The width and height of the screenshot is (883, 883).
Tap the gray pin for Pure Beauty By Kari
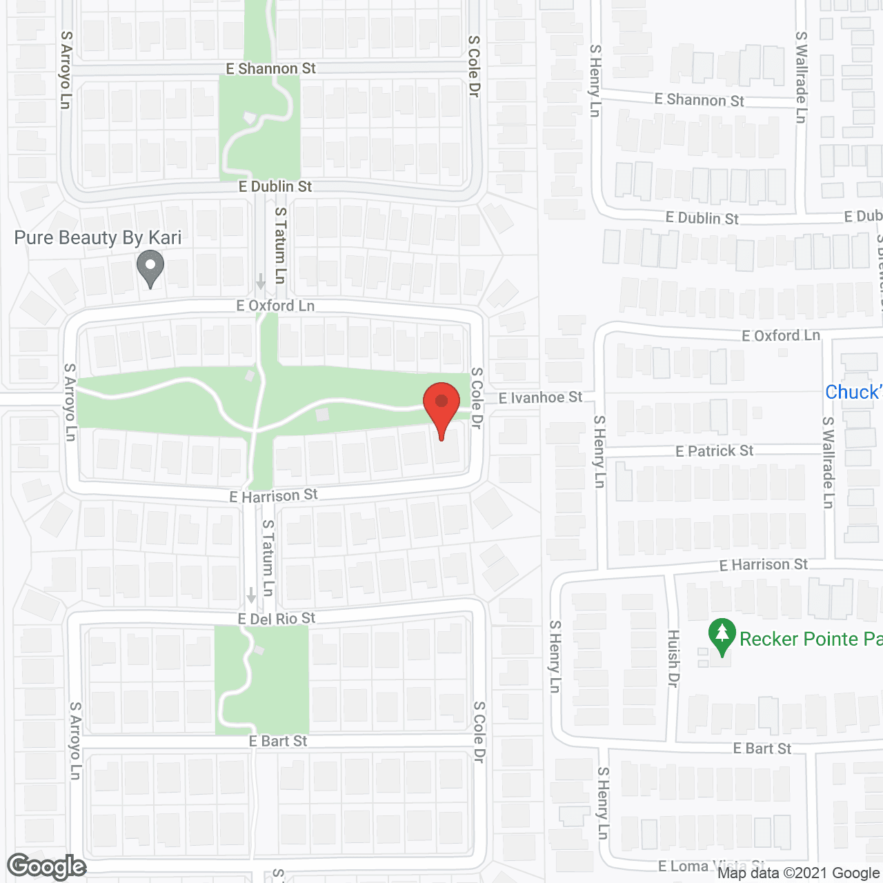(150, 268)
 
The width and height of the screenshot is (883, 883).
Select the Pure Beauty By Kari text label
(98, 238)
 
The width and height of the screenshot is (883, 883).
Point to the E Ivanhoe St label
(540, 397)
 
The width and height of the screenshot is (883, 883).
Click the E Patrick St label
(714, 451)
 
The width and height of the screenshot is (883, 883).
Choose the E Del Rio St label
(277, 618)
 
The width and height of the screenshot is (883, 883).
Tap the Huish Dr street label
(673, 658)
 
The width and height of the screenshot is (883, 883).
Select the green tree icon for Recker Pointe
(722, 636)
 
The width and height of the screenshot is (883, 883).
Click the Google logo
(47, 866)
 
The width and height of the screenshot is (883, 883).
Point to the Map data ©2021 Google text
(799, 873)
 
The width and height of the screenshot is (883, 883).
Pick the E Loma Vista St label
(711, 866)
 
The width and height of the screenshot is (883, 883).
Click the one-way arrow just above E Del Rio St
(251, 595)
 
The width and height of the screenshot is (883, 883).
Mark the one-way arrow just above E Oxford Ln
(260, 281)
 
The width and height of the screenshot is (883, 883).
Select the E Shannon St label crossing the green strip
(271, 68)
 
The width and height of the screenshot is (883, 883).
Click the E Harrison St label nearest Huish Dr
(763, 565)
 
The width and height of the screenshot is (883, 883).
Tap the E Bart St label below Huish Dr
(762, 748)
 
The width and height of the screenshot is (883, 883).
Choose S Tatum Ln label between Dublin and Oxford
(280, 246)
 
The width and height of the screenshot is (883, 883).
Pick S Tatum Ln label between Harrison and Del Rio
(268, 557)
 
